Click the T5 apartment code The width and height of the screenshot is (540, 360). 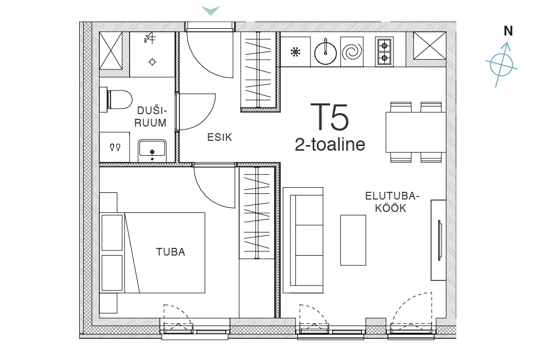[x=330, y=117]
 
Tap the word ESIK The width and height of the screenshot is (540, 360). [x=220, y=137]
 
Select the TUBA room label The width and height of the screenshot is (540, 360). [x=170, y=252]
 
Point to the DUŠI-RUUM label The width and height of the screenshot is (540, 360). [x=151, y=116]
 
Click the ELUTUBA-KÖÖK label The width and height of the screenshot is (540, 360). [x=392, y=202]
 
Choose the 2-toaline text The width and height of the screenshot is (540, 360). [x=330, y=145]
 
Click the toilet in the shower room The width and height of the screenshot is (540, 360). [x=116, y=100]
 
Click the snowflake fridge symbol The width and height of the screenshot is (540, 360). [x=295, y=52]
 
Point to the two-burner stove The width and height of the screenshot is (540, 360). [x=384, y=51]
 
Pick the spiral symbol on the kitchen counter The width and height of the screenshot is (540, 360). [x=352, y=52]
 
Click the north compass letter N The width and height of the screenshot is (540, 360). [x=508, y=31]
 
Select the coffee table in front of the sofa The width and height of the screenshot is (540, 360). [x=353, y=240]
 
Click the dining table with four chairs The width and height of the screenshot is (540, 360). [x=416, y=132]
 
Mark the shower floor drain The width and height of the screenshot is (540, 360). [x=152, y=62]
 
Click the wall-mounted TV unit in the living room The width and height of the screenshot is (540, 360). [x=439, y=240]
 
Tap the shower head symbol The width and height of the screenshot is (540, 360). [x=150, y=38]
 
